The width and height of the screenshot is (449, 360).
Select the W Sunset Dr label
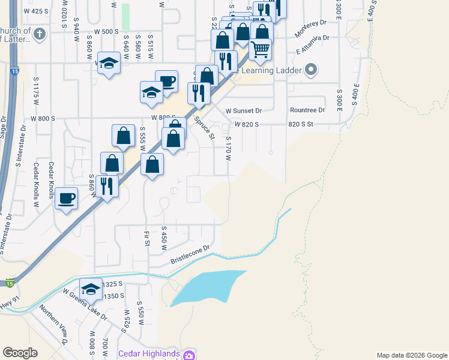(x=244, y=111)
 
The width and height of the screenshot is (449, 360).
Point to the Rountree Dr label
(x=307, y=110)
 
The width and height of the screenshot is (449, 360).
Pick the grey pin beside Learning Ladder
(x=311, y=71)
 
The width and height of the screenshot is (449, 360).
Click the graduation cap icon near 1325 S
(x=91, y=289)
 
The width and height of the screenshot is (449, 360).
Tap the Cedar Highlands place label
(x=149, y=353)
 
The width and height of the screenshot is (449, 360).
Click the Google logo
(x=20, y=353)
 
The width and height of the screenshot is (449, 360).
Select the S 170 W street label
(x=228, y=148)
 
